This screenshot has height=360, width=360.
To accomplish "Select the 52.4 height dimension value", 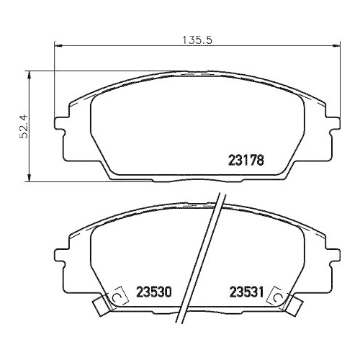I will click(23, 127).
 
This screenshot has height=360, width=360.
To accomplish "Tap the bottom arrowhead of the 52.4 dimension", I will click(29, 177).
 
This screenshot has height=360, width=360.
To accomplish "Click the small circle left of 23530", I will click(113, 297).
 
